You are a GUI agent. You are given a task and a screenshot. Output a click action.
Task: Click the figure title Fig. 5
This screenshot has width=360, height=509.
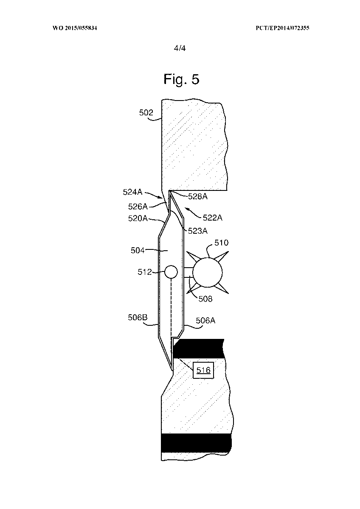[181, 79]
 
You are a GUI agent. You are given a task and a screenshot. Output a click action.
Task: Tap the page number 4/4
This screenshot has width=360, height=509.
[180, 48]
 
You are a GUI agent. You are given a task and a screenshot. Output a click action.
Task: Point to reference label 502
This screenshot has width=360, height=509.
[146, 113]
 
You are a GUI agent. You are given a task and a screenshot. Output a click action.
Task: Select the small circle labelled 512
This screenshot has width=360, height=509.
[171, 272]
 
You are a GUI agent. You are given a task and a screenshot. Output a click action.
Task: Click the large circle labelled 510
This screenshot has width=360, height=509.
[207, 272]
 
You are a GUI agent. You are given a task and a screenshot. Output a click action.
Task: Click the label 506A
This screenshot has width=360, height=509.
[205, 321]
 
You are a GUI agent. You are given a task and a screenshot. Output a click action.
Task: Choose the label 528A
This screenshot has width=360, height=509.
[197, 197]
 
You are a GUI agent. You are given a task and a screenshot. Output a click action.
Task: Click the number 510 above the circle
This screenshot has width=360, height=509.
[221, 243]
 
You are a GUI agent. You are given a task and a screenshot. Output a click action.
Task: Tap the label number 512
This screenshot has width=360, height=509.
[145, 272]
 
